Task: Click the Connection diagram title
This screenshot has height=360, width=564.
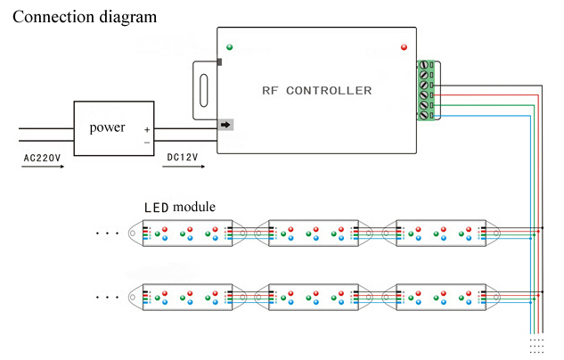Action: (85, 16)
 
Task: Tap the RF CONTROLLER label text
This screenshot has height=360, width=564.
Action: (317, 91)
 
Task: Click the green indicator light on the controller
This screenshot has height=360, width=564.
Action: (230, 46)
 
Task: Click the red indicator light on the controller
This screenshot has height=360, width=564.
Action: (405, 46)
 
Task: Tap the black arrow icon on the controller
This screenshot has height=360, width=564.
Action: (225, 125)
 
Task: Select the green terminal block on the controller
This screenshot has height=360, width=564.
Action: (425, 89)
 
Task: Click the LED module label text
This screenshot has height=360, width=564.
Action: (179, 207)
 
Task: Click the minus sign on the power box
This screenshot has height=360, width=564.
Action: (147, 143)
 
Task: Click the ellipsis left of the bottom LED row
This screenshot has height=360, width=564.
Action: (107, 297)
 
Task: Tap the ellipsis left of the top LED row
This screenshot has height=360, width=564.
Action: (107, 233)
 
